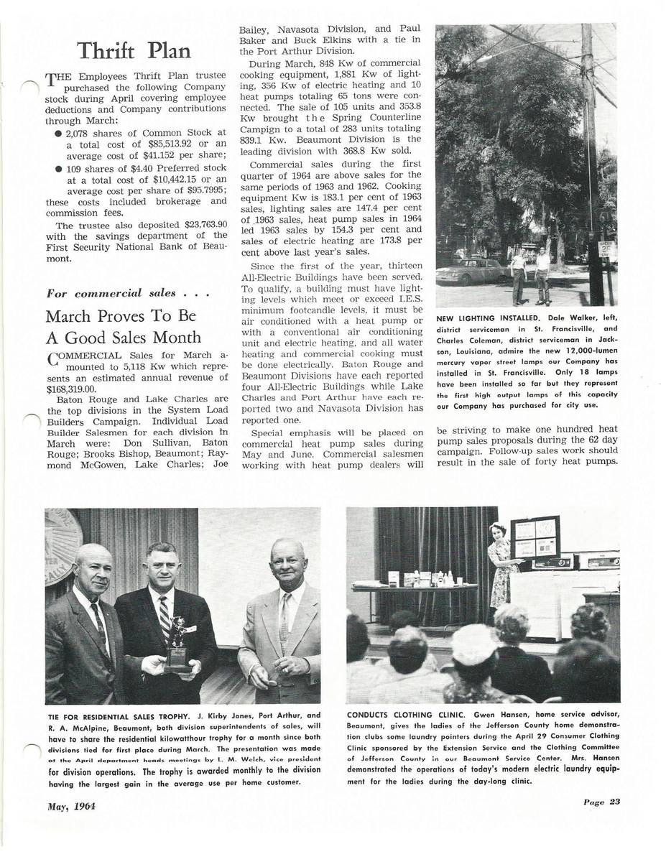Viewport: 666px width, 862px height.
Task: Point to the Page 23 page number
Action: click(x=602, y=802)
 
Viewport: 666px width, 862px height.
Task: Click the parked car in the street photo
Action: click(x=470, y=271)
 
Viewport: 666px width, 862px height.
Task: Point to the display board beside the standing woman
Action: click(x=535, y=537)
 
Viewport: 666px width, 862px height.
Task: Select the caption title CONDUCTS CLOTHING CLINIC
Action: click(x=406, y=715)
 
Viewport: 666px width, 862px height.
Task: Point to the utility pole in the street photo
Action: click(x=593, y=165)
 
